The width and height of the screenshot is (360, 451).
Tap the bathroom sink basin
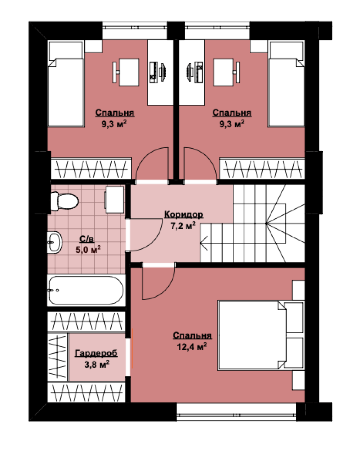click(54, 242)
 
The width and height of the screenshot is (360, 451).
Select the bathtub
click(86, 290)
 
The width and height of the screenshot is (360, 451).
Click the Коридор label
click(184, 215)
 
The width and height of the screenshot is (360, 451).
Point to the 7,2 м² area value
click(183, 226)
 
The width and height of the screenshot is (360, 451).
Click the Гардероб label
click(96, 353)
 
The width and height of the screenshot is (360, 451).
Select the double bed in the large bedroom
click(261, 335)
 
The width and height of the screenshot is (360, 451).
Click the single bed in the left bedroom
click(66, 84)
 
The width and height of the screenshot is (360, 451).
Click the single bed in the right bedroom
click(286, 84)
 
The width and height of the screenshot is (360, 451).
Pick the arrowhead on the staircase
click(204, 243)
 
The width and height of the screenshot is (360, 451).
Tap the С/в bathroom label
click(87, 239)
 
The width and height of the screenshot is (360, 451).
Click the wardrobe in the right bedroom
click(262, 169)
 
